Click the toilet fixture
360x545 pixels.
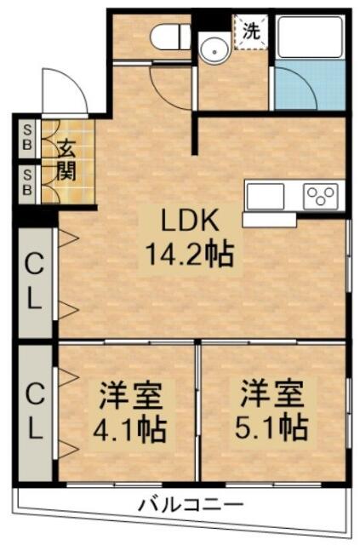click(170, 37)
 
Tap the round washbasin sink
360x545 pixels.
click(214, 51)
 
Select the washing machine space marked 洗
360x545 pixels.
click(251, 32)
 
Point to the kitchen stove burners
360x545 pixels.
click(320, 197)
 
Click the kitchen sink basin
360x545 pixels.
click(266, 196)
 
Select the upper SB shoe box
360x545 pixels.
click(27, 138)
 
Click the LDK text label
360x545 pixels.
click(191, 220)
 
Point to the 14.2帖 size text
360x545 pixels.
click(189, 254)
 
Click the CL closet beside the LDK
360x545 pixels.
click(35, 281)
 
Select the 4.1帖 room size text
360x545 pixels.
click(129, 429)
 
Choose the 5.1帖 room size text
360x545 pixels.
click(271, 427)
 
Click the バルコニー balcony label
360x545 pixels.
click(191, 504)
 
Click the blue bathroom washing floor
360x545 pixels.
click(310, 85)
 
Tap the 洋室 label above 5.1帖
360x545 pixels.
click(271, 394)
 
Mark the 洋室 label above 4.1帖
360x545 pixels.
click(131, 396)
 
